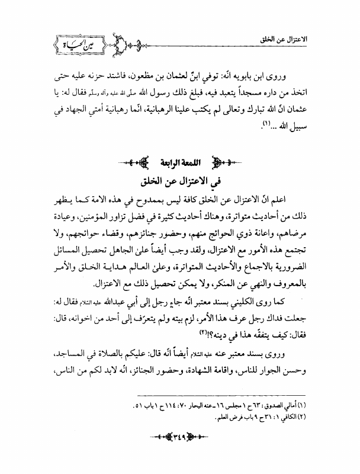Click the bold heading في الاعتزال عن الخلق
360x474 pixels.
pos(180,180)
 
